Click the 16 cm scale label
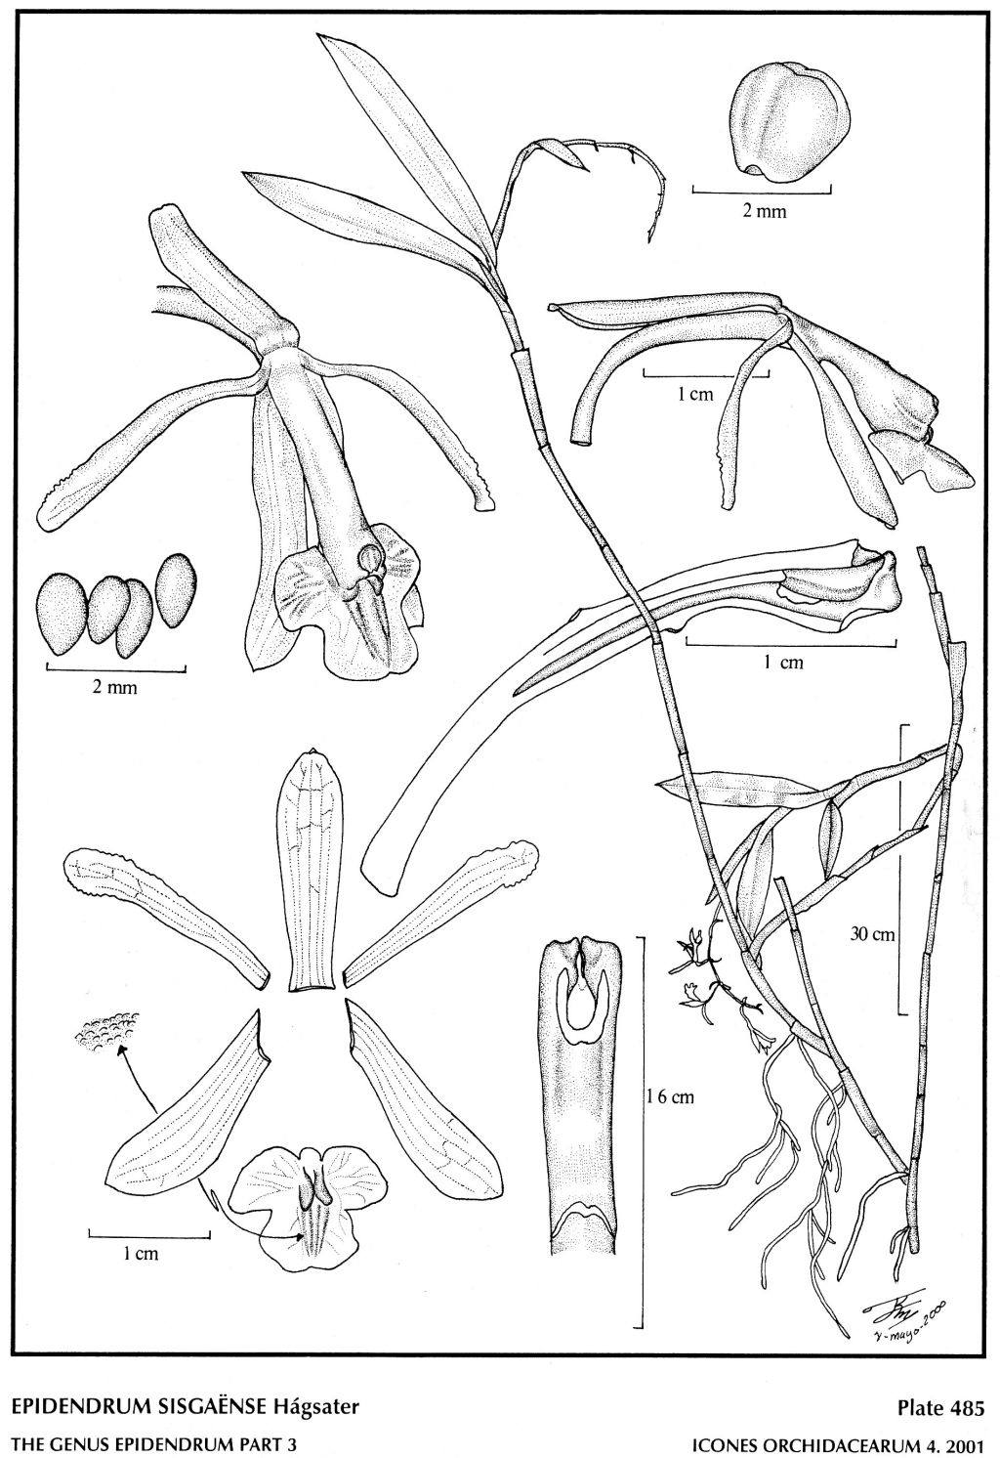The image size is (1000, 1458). pos(671,1097)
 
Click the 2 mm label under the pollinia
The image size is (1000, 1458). pos(115,688)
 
